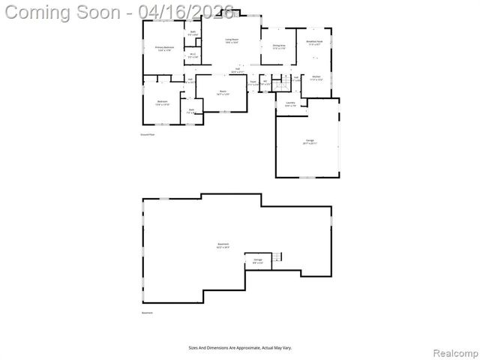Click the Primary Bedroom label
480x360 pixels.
point(164,48)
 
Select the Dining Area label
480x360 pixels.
point(279,47)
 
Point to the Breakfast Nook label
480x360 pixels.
point(315,43)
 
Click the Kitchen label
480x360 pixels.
point(316,78)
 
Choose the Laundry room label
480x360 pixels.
point(290,104)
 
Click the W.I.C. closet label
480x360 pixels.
point(193,55)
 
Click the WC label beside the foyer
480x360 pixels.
point(265,82)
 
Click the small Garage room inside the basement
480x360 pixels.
point(257,261)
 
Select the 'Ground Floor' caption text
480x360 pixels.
point(147,134)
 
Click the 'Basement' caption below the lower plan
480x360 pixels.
point(148,313)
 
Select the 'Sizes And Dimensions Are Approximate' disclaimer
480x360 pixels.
point(240,347)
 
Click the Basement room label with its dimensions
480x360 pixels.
point(223,246)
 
